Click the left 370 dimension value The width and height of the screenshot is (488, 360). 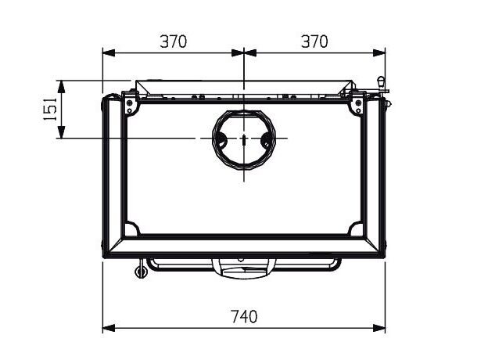[x=174, y=41]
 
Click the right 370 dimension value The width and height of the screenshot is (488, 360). [x=314, y=41]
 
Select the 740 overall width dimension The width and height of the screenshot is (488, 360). [x=244, y=317]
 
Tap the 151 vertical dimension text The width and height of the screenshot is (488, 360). [x=50, y=109]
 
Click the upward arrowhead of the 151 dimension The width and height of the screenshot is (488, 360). [x=62, y=87]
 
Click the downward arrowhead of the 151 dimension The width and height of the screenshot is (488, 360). [x=62, y=132]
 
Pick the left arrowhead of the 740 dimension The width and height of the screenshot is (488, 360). [x=109, y=328]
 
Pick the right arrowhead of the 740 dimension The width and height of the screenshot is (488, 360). [x=379, y=328]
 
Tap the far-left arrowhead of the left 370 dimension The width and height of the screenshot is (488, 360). [x=109, y=53]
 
